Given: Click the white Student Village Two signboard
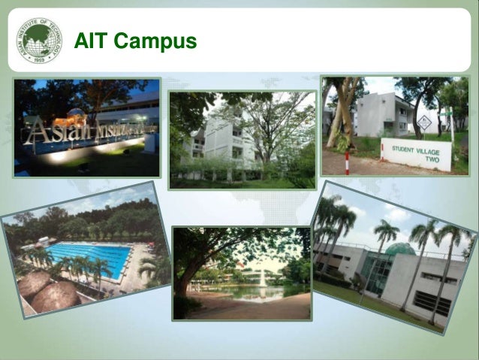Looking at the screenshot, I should [416, 153].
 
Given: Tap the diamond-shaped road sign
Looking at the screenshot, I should [424, 123].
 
